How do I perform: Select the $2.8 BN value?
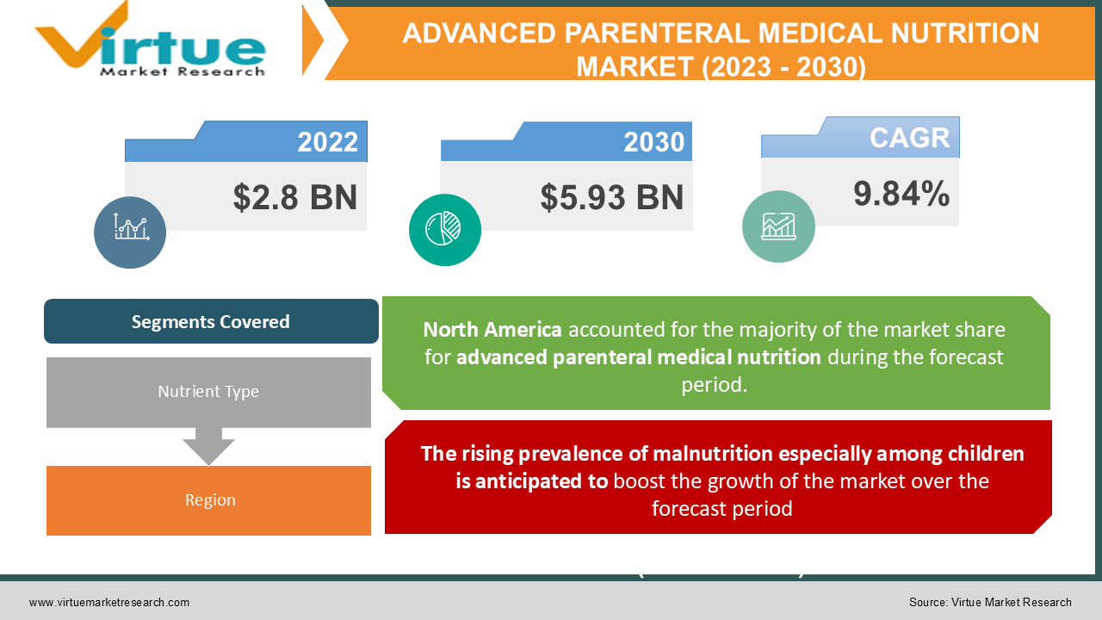point(294,197)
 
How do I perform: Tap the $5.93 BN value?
point(611,197)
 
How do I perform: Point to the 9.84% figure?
point(901,194)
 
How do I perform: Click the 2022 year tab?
point(327,142)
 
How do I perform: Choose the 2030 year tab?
point(653,142)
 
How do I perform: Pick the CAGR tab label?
point(908,138)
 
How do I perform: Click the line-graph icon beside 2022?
point(130,232)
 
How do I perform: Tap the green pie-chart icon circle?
point(444,229)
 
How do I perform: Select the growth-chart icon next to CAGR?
point(778,226)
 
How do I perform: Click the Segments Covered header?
point(211,322)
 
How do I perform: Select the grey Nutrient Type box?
point(208,392)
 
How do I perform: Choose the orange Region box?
point(209,500)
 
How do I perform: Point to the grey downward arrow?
point(208,446)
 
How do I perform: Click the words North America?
point(492,330)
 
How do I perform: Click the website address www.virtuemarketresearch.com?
point(109,603)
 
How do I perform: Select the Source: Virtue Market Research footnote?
point(990,603)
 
